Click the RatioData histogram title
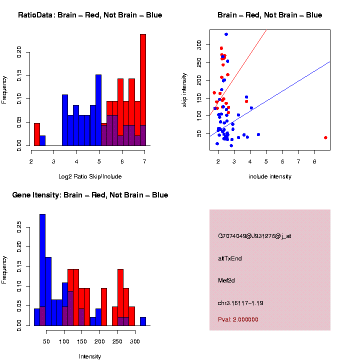(x=90, y=15)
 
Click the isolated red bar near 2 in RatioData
(x=37, y=134)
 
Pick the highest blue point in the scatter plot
(x=226, y=34)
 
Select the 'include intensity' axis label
(x=270, y=176)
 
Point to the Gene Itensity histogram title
(x=90, y=195)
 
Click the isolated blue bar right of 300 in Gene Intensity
(x=143, y=321)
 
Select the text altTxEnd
(x=230, y=258)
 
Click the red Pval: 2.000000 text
(x=238, y=319)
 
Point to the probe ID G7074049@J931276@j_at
(x=254, y=236)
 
